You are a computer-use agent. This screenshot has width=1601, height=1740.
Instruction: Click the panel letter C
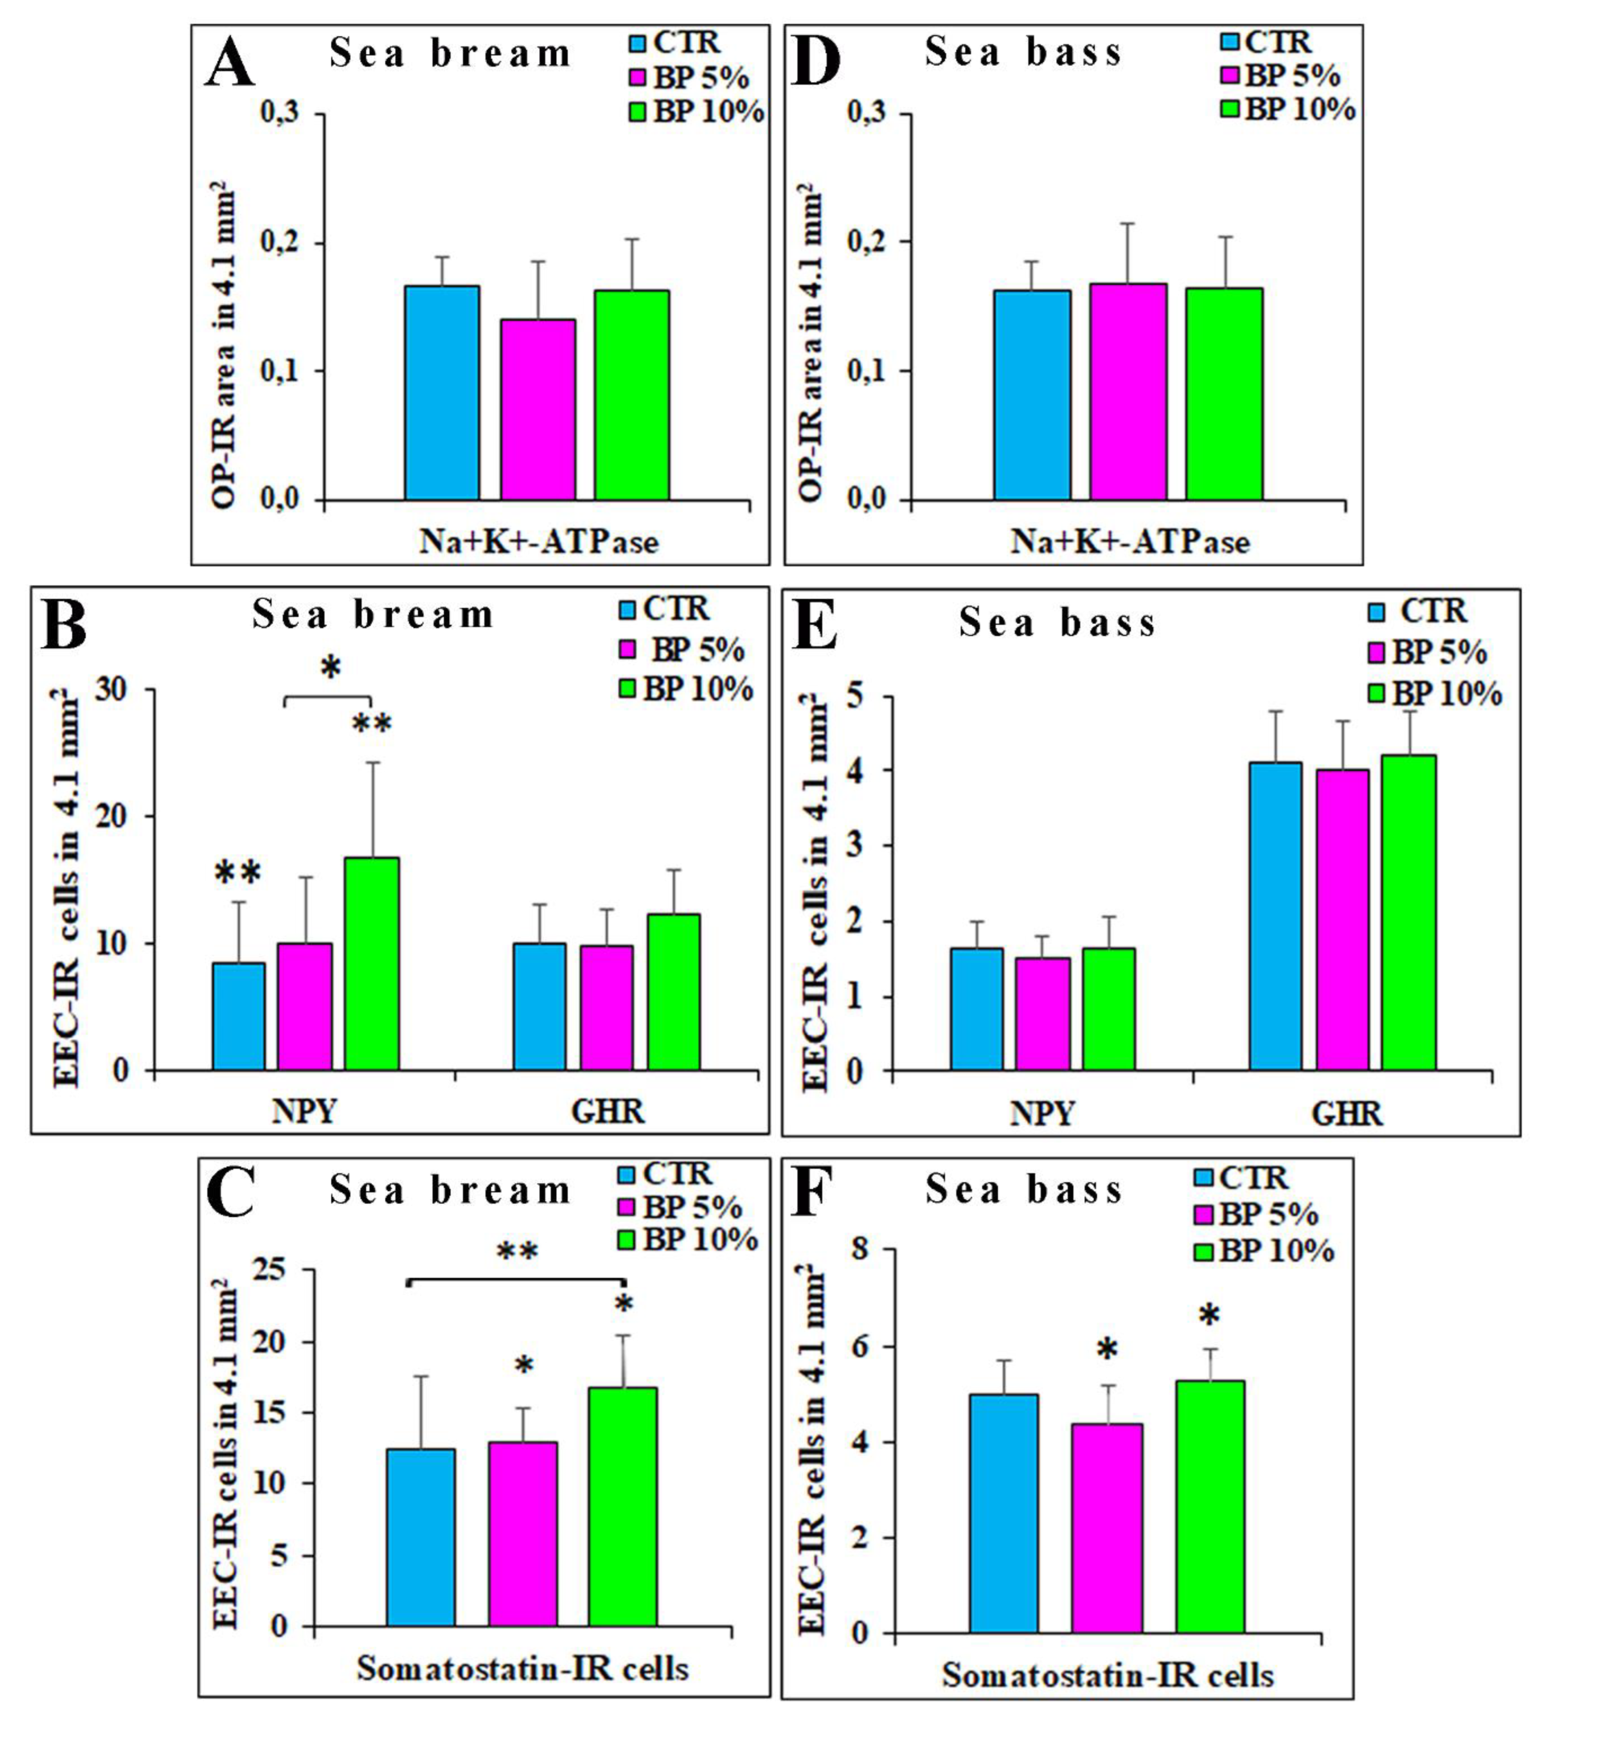[231, 1193]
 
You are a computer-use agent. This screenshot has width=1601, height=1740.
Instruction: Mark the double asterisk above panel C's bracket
[517, 1252]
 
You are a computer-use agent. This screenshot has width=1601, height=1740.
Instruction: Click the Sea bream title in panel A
[451, 55]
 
